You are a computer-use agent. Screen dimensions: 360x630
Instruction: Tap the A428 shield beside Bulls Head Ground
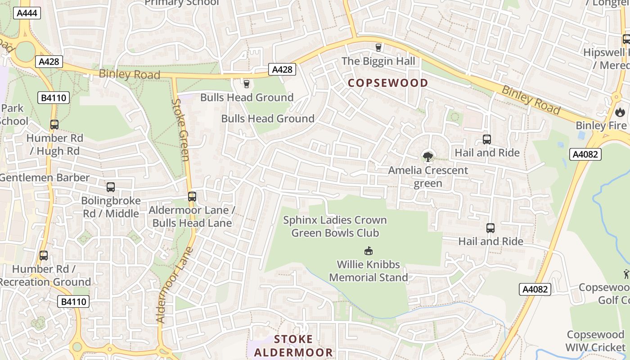(x=283, y=69)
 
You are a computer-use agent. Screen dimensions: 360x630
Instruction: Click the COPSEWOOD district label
(x=387, y=83)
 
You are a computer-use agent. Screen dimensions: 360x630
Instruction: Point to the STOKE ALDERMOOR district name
(x=293, y=346)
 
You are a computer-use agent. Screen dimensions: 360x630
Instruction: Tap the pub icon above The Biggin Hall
(x=378, y=48)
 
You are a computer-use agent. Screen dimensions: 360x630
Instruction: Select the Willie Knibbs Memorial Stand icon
(x=368, y=251)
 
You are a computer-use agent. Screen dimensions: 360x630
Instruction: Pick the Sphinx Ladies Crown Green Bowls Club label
(x=335, y=226)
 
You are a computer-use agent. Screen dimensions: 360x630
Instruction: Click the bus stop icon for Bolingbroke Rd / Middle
(x=111, y=187)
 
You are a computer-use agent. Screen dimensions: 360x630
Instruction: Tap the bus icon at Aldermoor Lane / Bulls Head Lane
(x=192, y=197)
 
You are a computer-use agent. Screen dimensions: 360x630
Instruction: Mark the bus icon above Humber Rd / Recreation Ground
(x=44, y=256)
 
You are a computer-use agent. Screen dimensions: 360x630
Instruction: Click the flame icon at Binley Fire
(x=620, y=112)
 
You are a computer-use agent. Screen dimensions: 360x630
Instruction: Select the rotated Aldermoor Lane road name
(x=175, y=284)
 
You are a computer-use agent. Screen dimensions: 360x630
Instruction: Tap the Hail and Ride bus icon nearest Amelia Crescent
(x=486, y=139)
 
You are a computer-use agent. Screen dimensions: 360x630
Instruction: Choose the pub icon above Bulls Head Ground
(x=246, y=84)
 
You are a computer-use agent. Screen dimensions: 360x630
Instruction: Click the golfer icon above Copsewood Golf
(x=626, y=274)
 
